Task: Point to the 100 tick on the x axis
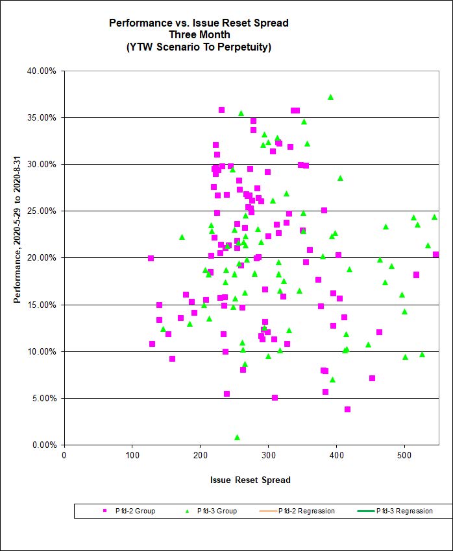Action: tap(132, 456)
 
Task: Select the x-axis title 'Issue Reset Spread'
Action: tap(250, 480)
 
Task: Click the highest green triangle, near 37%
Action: tap(330, 97)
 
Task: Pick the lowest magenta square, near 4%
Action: tap(347, 409)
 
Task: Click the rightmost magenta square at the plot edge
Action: tap(435, 255)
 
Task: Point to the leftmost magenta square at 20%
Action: tap(151, 258)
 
